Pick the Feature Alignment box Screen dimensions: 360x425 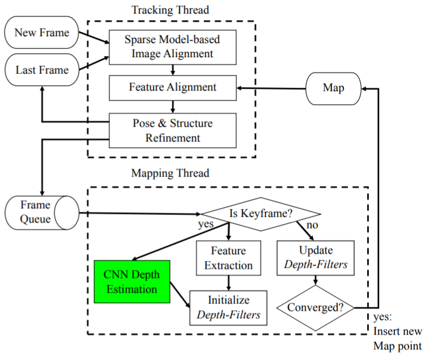(x=172, y=87)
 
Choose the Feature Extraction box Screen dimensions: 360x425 (x=228, y=257)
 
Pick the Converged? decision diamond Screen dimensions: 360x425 (x=315, y=308)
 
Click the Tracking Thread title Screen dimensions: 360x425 (x=169, y=10)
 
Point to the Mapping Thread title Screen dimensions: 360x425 (x=171, y=173)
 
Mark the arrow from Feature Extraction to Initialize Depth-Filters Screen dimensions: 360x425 (x=228, y=282)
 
